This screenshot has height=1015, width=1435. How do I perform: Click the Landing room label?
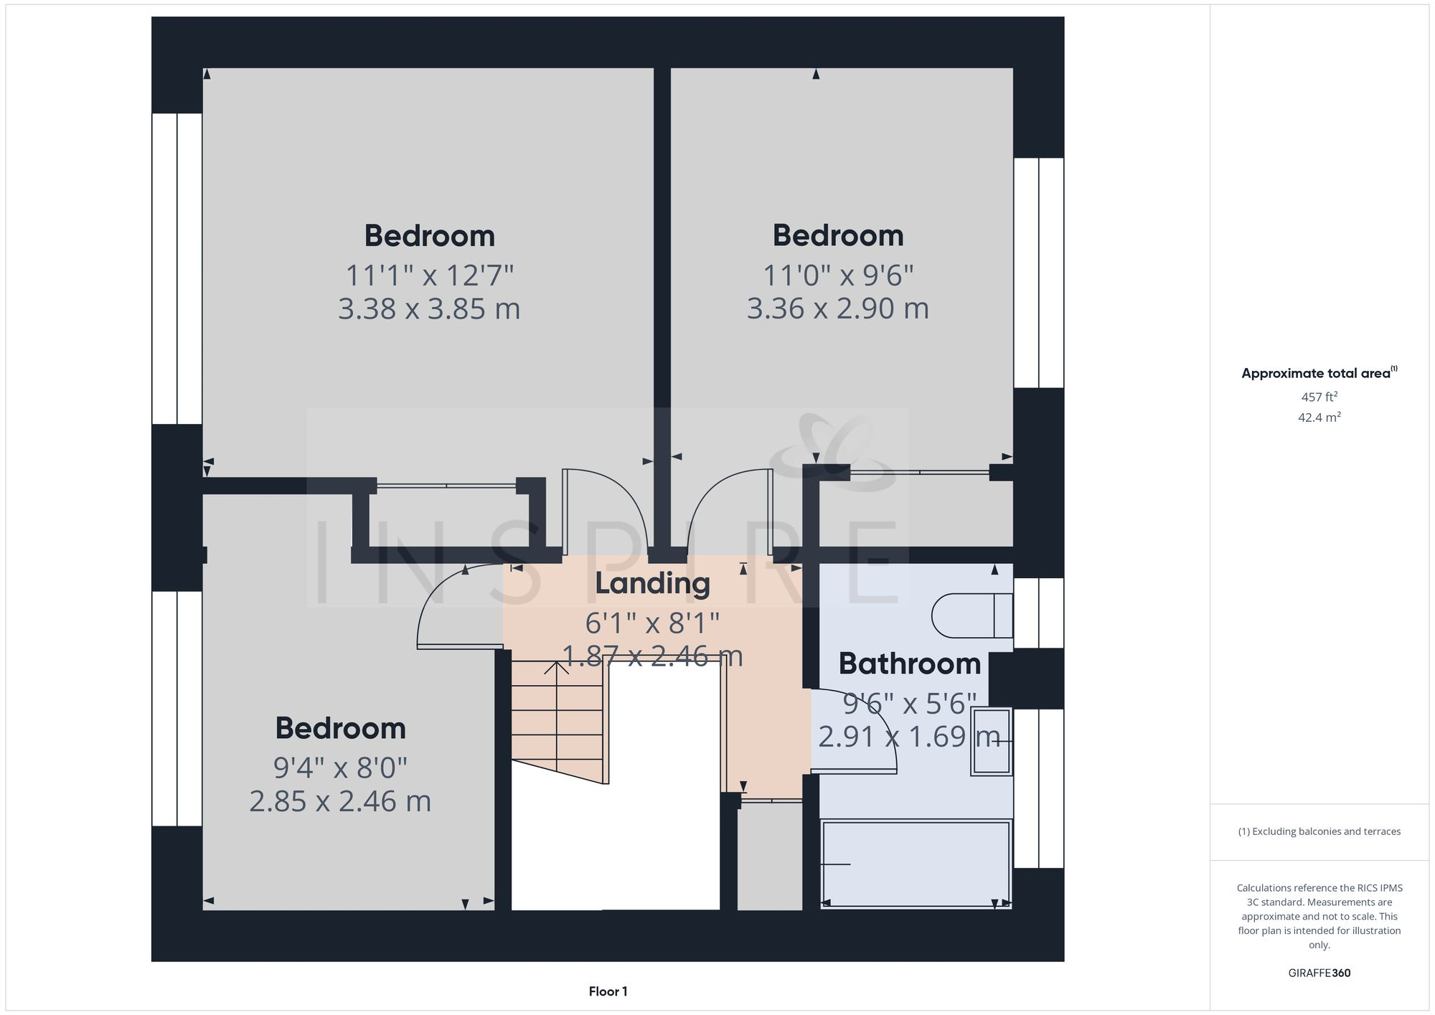(652, 584)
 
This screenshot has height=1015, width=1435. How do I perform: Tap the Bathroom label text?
(909, 664)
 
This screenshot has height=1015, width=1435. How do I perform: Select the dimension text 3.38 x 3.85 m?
(429, 309)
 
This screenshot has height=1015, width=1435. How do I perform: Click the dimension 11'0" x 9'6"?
(837, 275)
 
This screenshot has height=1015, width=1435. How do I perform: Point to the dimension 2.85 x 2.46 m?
(340, 801)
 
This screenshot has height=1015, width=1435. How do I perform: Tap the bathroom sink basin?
(992, 741)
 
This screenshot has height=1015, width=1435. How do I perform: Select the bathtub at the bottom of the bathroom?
(916, 864)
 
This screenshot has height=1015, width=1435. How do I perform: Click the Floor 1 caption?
(608, 991)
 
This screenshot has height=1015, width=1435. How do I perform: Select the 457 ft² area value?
(1319, 397)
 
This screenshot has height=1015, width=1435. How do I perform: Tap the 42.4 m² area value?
(1319, 417)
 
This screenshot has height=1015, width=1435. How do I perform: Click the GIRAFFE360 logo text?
(1319, 973)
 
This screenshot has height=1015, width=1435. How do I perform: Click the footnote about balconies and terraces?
(1319, 831)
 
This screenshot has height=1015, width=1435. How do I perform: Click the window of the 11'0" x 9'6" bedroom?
(1038, 273)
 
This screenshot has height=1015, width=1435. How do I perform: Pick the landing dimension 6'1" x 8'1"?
(652, 623)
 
